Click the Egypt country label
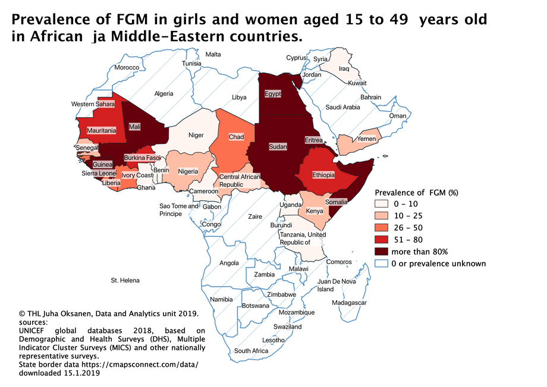273,94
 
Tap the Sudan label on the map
278,146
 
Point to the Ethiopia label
324,175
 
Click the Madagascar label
350,303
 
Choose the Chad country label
236,137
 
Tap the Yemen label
366,139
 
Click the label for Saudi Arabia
343,108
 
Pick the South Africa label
251,351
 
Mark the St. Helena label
125,279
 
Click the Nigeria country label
188,172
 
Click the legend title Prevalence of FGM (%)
416,193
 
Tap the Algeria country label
164,93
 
